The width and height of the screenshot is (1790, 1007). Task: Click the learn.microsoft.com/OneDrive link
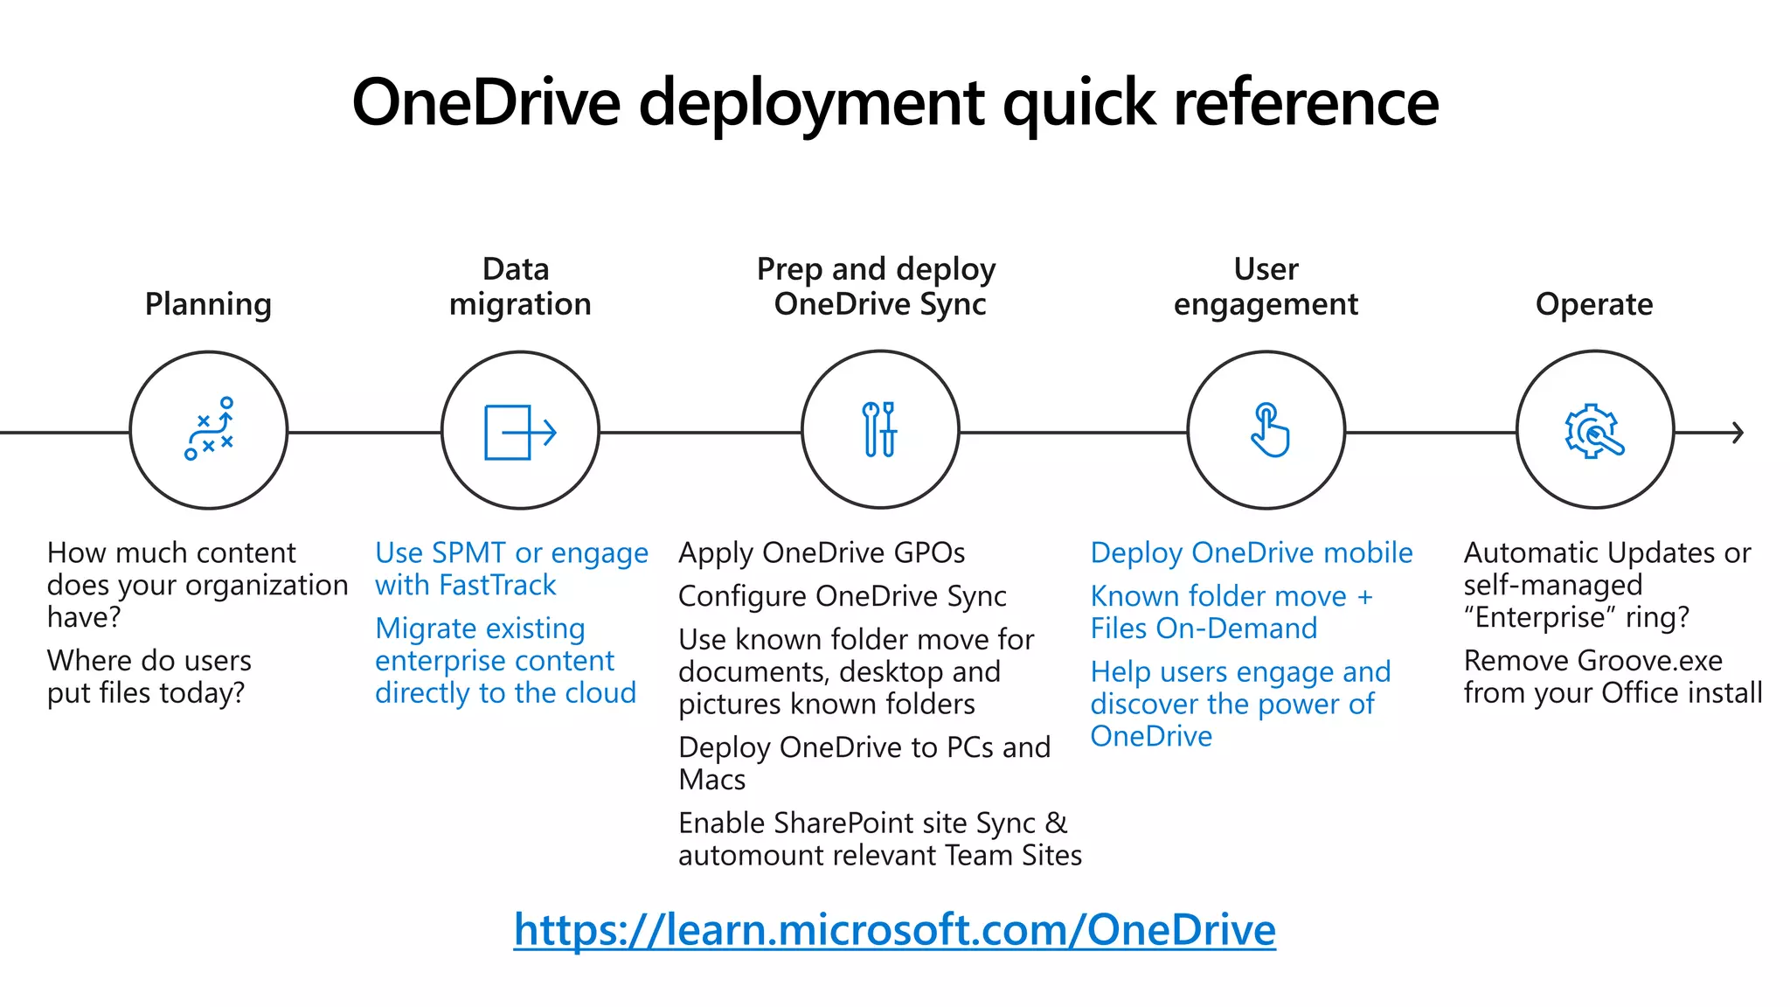[x=894, y=929]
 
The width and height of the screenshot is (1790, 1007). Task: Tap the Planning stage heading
[x=208, y=304]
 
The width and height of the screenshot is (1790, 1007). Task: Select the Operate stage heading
[x=1593, y=304]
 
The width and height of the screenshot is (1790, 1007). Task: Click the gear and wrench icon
[x=1594, y=431]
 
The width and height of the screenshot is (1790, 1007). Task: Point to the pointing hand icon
[x=1268, y=430]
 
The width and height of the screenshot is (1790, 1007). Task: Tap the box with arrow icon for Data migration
[x=520, y=432]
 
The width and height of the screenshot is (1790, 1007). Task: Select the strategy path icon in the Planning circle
[x=210, y=429]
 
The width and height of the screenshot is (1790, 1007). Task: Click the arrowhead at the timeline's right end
[x=1738, y=432]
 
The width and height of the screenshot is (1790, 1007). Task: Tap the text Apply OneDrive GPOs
[x=821, y=552]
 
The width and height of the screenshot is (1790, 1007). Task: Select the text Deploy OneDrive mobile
[x=1251, y=552]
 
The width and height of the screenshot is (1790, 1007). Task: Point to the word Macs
[x=711, y=780]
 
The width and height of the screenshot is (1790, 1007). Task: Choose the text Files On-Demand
[x=1203, y=629]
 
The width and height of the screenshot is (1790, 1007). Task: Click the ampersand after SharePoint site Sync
[x=1056, y=823]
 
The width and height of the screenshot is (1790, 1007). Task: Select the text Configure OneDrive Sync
[x=842, y=596]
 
